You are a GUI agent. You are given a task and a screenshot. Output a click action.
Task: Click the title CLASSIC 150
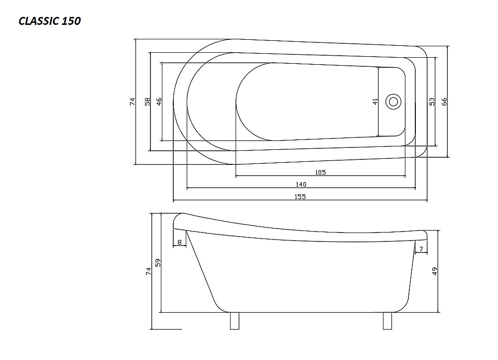click(49, 21)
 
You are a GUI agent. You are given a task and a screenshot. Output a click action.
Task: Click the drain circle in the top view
click(393, 102)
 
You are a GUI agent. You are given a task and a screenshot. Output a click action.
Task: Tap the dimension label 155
click(300, 197)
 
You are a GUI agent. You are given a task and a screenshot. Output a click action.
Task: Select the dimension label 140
click(301, 184)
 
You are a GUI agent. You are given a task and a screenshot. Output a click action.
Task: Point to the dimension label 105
click(320, 172)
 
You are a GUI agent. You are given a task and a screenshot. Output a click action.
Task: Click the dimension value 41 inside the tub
click(375, 102)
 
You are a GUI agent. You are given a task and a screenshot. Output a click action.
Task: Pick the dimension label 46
click(159, 102)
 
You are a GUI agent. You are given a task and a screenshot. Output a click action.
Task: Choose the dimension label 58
click(147, 102)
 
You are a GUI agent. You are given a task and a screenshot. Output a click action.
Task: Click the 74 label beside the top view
click(132, 102)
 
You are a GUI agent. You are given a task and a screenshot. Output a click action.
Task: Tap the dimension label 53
click(432, 102)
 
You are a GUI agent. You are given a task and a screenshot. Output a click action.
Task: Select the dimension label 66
click(444, 102)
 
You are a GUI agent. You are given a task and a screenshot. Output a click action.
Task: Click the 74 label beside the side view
click(148, 271)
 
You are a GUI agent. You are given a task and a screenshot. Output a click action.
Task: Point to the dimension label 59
click(158, 262)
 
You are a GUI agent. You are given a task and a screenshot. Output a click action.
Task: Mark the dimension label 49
click(435, 271)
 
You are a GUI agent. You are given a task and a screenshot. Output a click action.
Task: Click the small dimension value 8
click(179, 242)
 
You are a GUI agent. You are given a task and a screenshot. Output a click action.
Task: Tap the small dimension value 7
click(421, 249)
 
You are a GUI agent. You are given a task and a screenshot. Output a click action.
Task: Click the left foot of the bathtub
click(235, 321)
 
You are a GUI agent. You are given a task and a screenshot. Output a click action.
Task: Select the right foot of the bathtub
click(387, 321)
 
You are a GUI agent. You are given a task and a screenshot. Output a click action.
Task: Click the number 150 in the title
click(71, 21)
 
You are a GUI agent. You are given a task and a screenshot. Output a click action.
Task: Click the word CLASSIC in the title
click(39, 21)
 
